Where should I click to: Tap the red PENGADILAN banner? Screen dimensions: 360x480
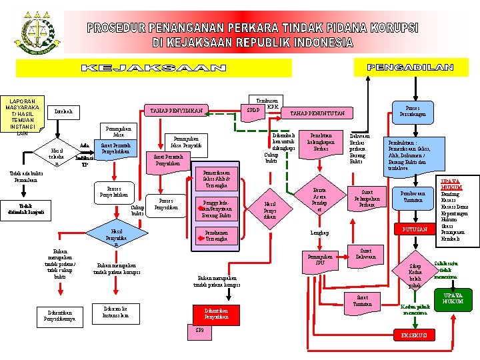[410, 67]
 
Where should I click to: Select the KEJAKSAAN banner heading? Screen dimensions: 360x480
[153, 68]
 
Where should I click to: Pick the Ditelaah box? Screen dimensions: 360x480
[63, 111]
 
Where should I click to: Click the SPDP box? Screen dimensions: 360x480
[253, 109]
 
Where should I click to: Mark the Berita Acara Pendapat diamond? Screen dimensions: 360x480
[319, 198]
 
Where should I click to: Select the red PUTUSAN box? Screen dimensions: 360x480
[413, 230]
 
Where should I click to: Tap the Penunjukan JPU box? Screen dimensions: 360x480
[320, 259]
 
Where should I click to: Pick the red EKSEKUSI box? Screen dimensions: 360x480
[413, 334]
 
